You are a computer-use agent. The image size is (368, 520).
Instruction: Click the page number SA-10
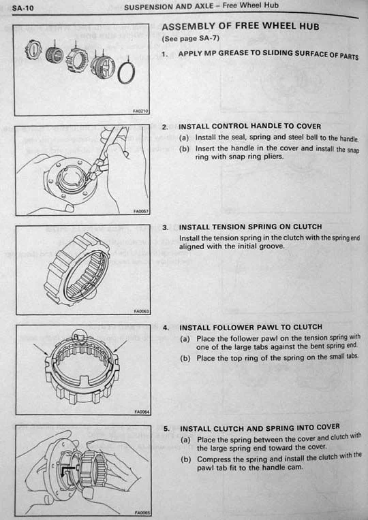point(23,7)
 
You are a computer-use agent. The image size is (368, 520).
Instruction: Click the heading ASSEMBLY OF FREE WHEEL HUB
point(240,27)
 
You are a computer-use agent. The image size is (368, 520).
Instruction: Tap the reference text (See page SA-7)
point(191,39)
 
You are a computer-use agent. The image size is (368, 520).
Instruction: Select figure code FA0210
point(140,111)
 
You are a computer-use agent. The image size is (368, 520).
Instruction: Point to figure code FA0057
point(141,211)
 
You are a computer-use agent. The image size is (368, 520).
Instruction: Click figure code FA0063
point(142,311)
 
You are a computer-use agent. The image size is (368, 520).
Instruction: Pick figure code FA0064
point(142,412)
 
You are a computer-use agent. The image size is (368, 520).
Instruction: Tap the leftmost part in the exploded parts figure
point(34,49)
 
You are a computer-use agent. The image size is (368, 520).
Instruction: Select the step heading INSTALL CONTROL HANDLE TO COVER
point(249,127)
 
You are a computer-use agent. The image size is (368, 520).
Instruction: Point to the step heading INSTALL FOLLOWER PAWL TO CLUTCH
point(251,327)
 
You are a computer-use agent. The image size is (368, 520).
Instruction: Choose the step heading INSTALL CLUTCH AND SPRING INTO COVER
point(260,428)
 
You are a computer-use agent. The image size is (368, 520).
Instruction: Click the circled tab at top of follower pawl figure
point(80,337)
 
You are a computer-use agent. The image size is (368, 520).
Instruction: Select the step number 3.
point(166,228)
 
